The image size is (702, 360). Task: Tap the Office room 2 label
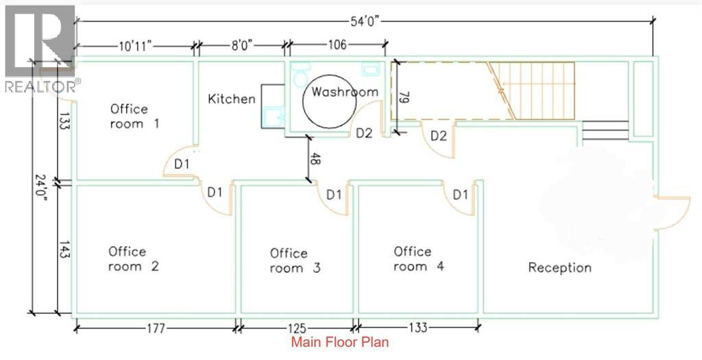pyautogui.click(x=133, y=259)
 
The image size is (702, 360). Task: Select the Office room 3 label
pyautogui.click(x=295, y=261)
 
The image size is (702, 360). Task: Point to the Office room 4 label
pyautogui.click(x=418, y=259)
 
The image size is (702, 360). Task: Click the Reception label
pyautogui.click(x=559, y=267)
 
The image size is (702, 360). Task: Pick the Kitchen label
pyautogui.click(x=232, y=99)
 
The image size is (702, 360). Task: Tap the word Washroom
pyautogui.click(x=345, y=91)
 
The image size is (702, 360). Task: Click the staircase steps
pyautogui.click(x=542, y=89)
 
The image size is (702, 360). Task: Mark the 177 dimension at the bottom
pyautogui.click(x=156, y=328)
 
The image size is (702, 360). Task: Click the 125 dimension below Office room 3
pyautogui.click(x=298, y=328)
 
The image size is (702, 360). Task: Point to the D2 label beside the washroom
pyautogui.click(x=363, y=133)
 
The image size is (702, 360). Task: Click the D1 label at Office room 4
pyautogui.click(x=459, y=195)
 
